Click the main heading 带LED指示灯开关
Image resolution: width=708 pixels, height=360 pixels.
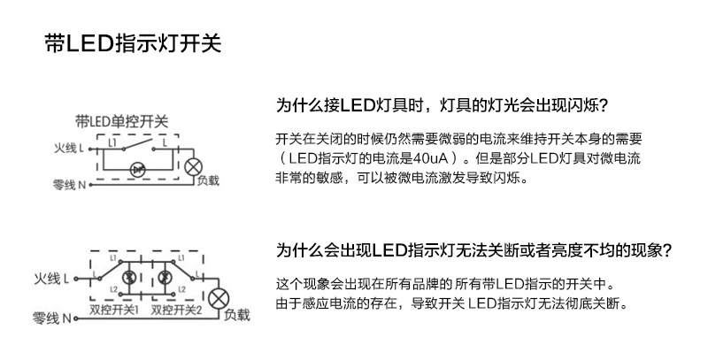click(x=132, y=43)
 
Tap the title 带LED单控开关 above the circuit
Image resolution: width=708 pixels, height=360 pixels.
click(x=121, y=120)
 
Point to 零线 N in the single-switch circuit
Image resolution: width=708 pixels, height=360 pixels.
click(x=67, y=185)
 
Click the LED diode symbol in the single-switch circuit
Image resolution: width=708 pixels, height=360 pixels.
click(x=137, y=167)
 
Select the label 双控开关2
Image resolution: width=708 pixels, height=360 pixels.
click(x=177, y=310)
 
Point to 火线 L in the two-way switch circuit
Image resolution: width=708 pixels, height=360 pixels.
click(x=51, y=279)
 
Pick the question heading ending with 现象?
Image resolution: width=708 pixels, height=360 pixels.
click(x=474, y=250)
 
